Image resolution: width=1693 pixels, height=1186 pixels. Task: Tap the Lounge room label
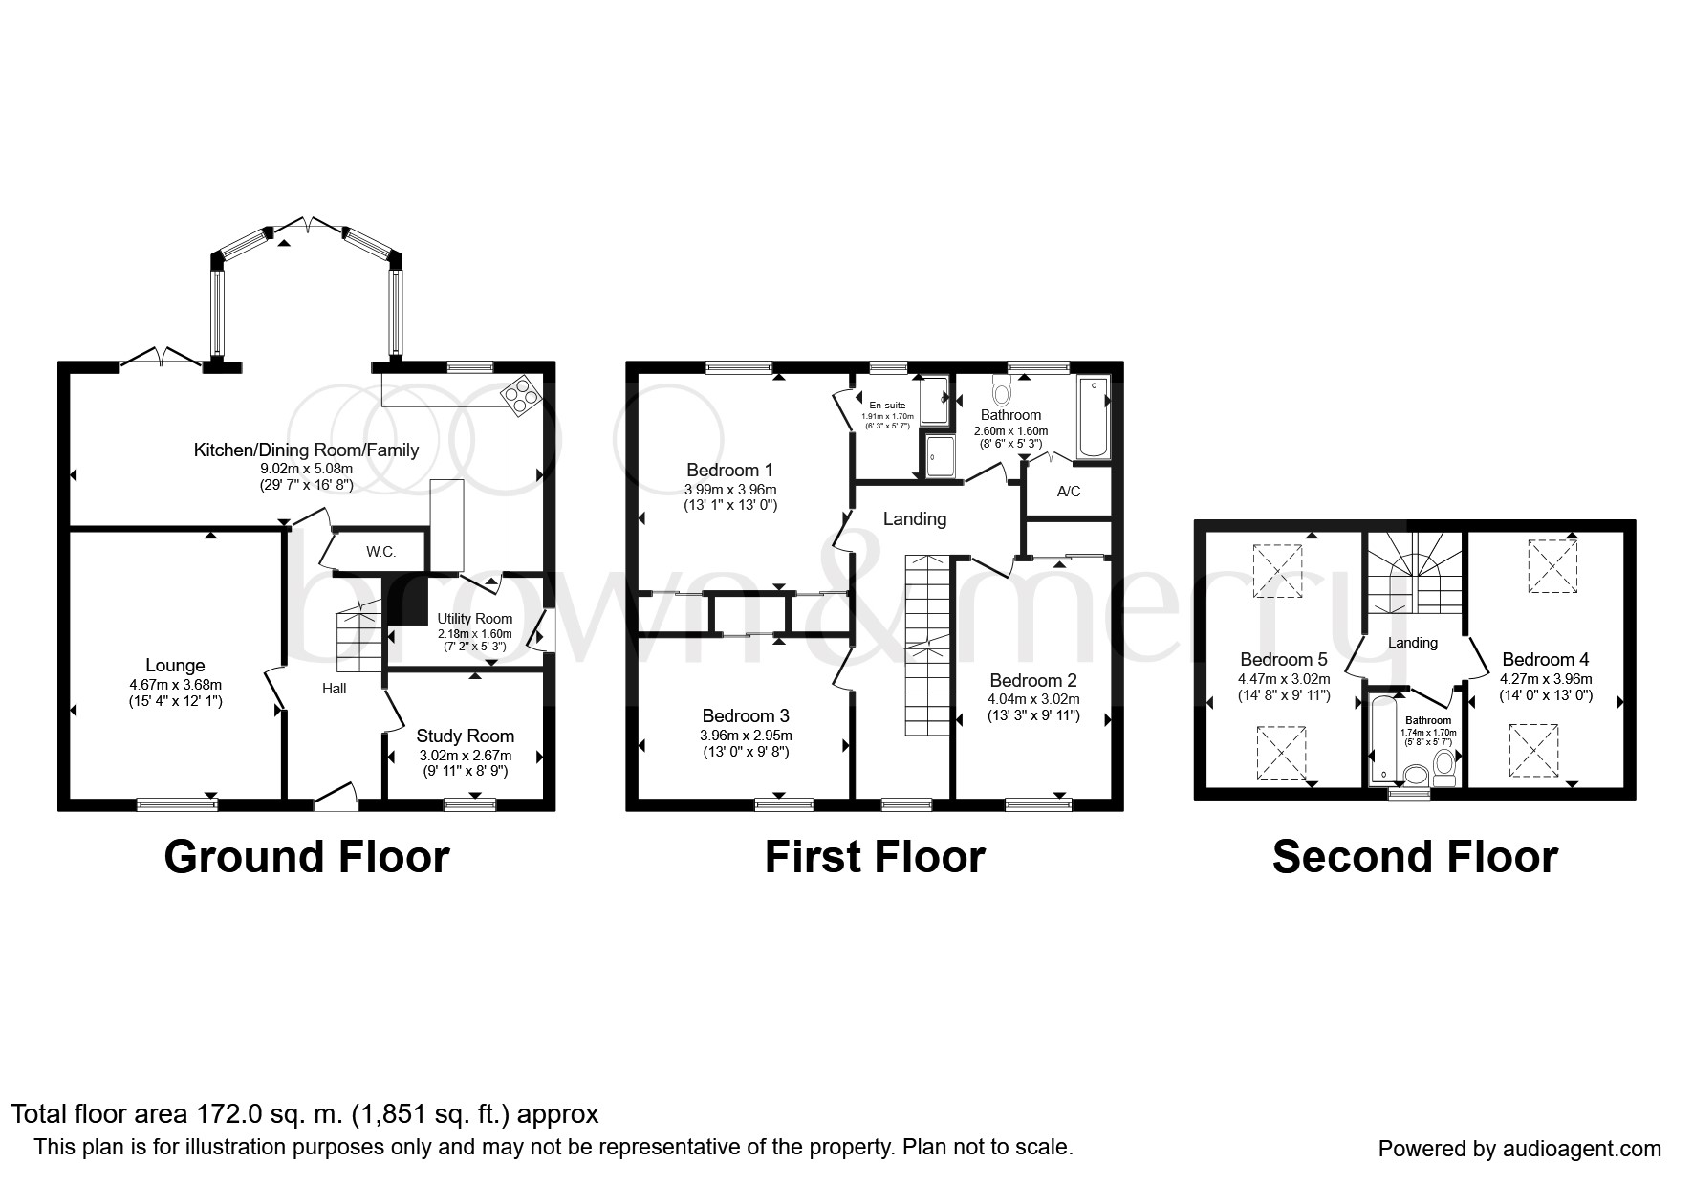pyautogui.click(x=175, y=666)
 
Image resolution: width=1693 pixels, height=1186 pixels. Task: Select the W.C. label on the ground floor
pyautogui.click(x=381, y=552)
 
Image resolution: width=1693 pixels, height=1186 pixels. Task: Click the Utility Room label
pyautogui.click(x=475, y=619)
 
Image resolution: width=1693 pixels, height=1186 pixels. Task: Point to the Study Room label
pyautogui.click(x=466, y=736)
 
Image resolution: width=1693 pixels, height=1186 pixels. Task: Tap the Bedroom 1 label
pyautogui.click(x=729, y=471)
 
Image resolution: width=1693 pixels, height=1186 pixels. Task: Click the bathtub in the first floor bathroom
pyautogui.click(x=1093, y=418)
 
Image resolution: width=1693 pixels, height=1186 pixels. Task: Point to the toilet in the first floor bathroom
pyautogui.click(x=1002, y=390)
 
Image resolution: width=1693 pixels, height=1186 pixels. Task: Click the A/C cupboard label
pyautogui.click(x=1069, y=492)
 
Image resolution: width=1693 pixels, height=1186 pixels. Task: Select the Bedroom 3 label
pyautogui.click(x=746, y=716)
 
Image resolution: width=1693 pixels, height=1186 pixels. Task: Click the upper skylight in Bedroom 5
pyautogui.click(x=1277, y=571)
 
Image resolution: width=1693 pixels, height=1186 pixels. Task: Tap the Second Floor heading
pyautogui.click(x=1415, y=857)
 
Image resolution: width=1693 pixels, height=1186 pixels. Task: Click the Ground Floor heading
pyautogui.click(x=307, y=857)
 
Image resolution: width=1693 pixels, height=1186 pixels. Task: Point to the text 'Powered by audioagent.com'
pyautogui.click(x=1520, y=1149)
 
